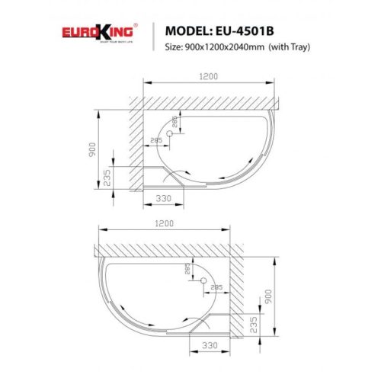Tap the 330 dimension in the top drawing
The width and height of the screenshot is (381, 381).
coord(162,198)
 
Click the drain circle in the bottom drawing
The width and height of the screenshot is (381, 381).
coord(203,281)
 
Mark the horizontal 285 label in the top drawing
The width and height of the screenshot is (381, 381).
coord(155,139)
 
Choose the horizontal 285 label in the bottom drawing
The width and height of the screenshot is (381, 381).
coord(217,287)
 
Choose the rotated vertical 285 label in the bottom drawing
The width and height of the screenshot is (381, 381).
coord(187,268)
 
